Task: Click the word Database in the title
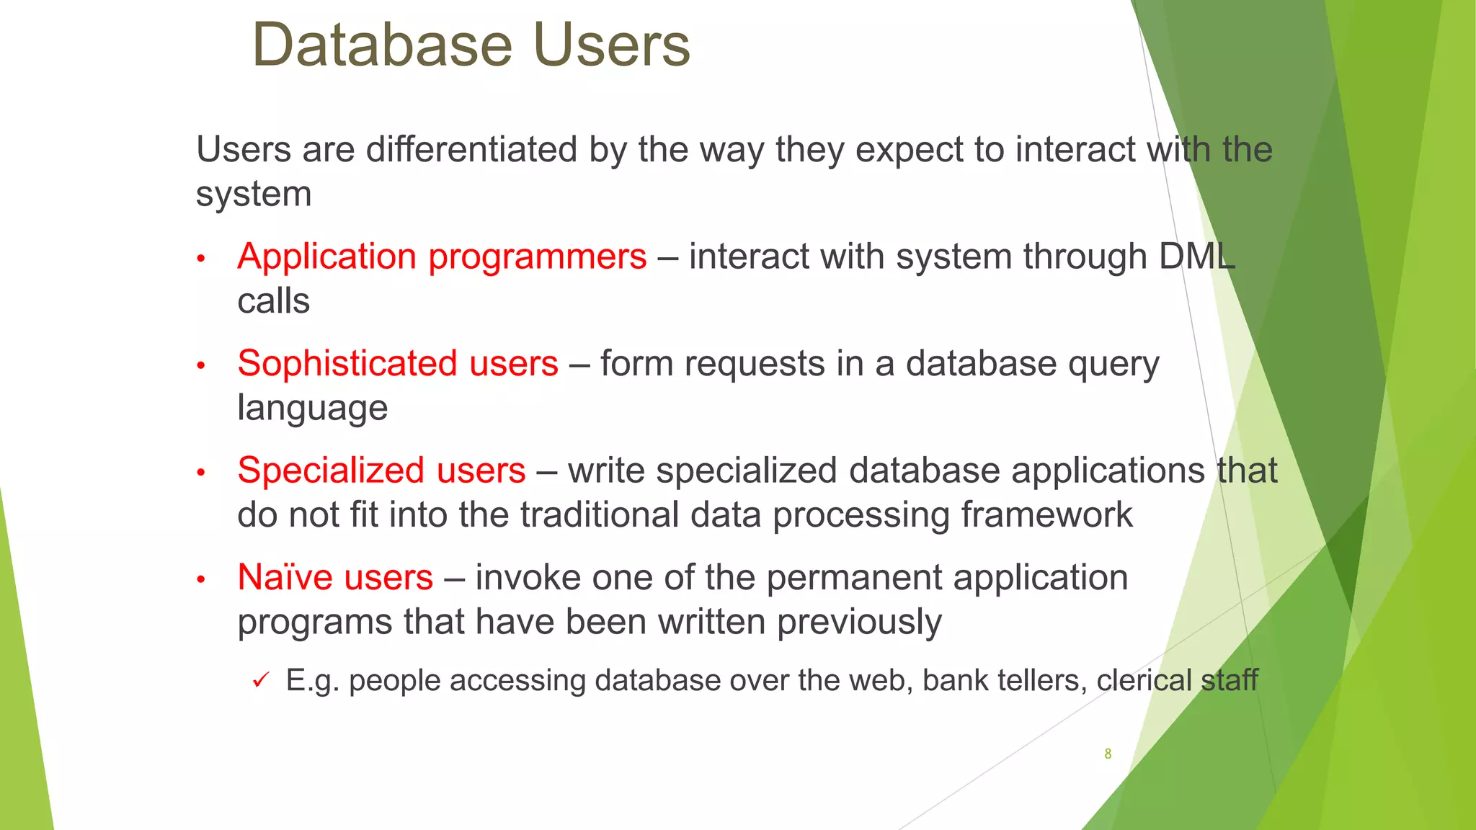383,46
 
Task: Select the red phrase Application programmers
442,257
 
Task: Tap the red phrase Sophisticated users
398,364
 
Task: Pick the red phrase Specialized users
381,471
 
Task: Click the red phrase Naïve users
335,578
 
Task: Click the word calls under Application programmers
273,302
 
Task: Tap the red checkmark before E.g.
261,680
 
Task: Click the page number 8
1108,754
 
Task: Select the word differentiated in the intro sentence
472,150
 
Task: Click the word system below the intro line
254,195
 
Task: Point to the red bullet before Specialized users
202,473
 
